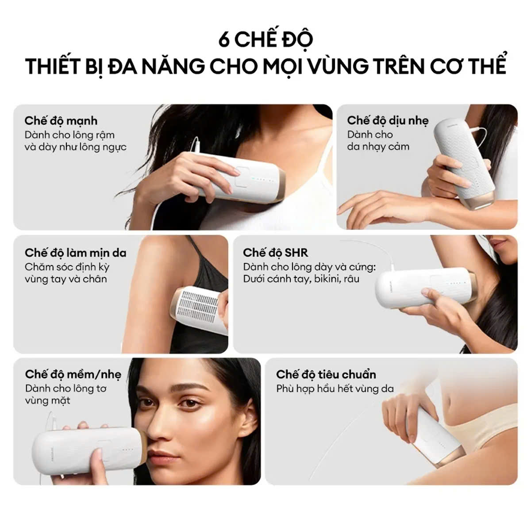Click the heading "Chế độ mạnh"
[61, 121]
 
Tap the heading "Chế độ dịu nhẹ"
[388, 120]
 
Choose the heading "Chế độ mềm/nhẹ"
[73, 374]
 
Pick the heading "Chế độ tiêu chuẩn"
[326, 374]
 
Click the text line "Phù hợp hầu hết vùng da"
[335, 389]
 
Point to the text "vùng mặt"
[48, 400]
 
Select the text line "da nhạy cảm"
[378, 146]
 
